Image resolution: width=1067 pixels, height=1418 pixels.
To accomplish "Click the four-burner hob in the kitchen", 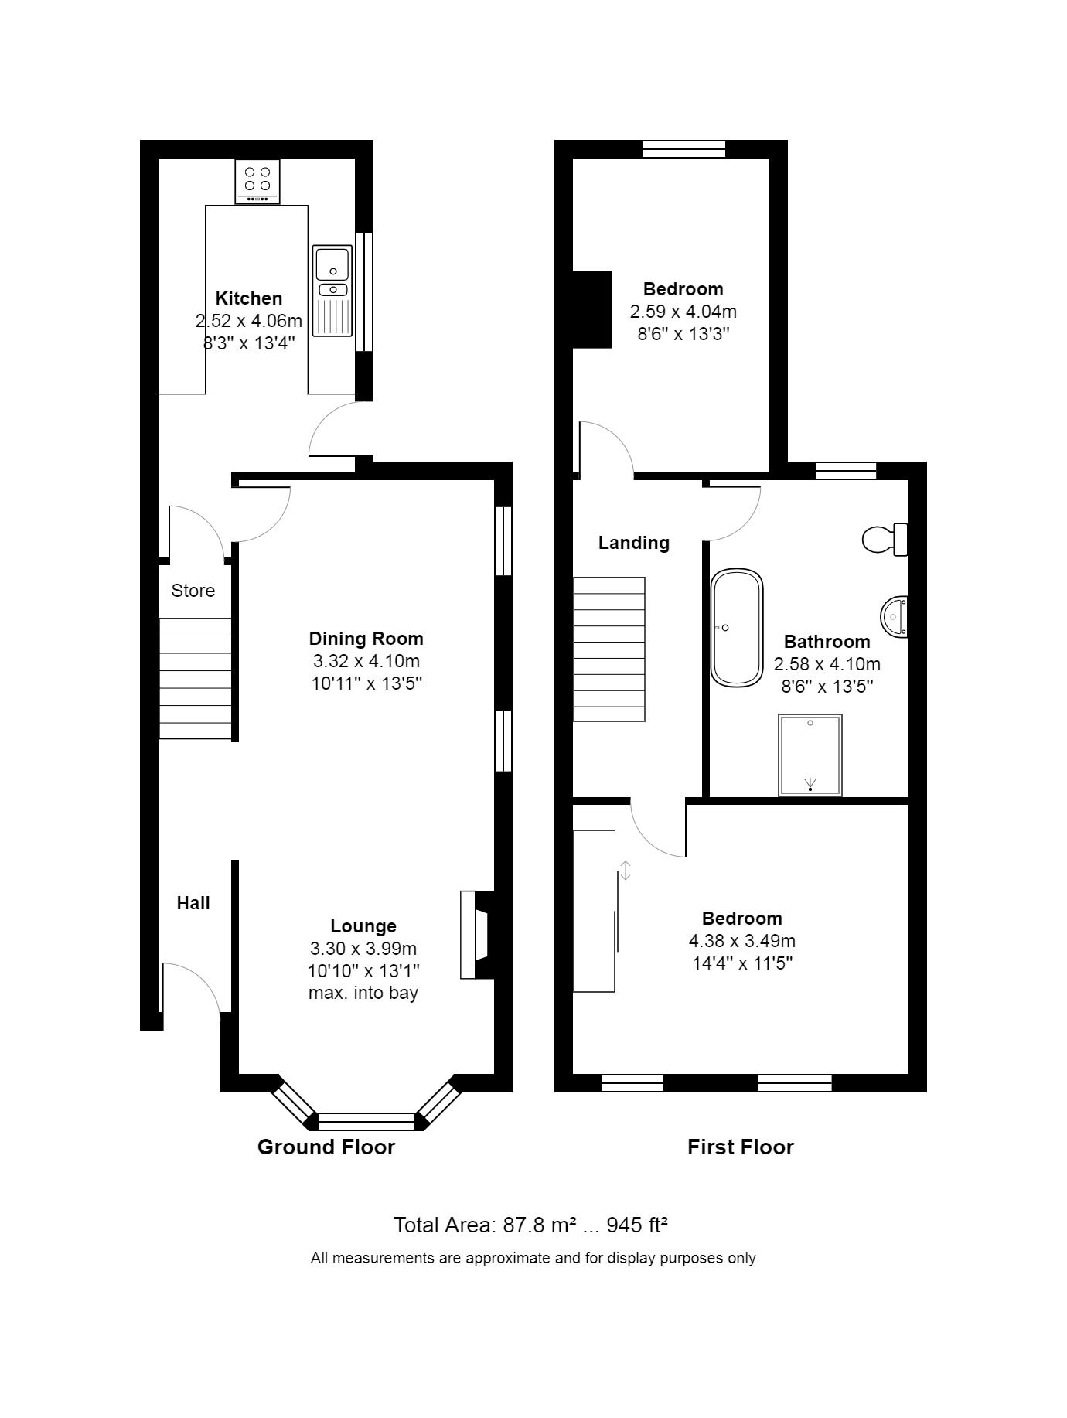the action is [257, 182].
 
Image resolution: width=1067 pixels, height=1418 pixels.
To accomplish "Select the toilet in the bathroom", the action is [885, 539].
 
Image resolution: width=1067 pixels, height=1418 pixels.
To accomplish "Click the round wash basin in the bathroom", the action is [895, 617].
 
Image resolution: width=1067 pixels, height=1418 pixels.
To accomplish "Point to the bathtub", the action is [737, 628].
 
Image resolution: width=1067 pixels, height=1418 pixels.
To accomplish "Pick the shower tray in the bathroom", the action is [810, 755].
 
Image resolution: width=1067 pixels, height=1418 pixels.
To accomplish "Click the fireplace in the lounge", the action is [477, 935].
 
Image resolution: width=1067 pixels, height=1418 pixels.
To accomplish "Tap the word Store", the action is [193, 591].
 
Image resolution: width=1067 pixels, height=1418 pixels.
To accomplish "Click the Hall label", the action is [193, 903].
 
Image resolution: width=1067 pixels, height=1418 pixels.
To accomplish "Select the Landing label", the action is [634, 543].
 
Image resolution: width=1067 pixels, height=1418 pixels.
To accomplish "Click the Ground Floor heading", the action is [326, 1147].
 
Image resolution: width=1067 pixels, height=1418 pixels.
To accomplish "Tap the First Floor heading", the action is [741, 1147].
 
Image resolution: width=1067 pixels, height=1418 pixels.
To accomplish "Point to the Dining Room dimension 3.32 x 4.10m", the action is [366, 661].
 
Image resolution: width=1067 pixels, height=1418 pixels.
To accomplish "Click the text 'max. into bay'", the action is [363, 992].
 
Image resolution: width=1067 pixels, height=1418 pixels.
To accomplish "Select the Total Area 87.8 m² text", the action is [486, 1225].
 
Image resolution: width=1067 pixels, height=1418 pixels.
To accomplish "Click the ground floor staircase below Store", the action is [196, 678].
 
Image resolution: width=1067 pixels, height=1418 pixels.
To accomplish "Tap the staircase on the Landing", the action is [609, 649].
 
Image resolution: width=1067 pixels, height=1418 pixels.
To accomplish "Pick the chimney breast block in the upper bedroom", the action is [592, 309].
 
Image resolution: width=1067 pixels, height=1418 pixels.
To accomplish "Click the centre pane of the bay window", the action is [366, 1121].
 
